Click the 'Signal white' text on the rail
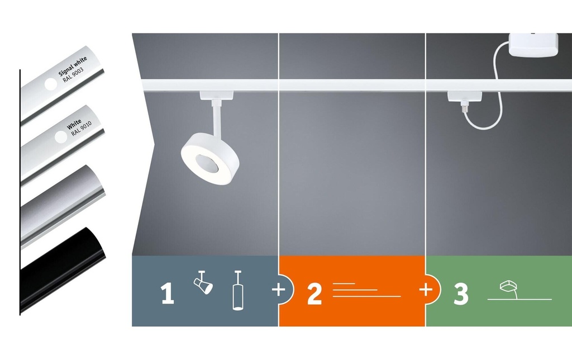point(73,65)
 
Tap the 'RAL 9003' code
point(73,75)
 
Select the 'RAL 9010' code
point(82,129)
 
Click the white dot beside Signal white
point(51,84)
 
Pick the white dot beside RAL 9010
point(61,137)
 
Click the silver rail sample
point(63,206)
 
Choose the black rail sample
point(63,269)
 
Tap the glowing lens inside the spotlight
point(207,163)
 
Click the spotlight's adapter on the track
point(217,95)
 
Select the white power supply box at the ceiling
point(533,45)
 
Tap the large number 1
point(168,293)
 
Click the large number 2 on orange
point(314,293)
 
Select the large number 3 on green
point(461,293)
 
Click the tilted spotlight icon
point(203,282)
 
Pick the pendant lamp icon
point(238,290)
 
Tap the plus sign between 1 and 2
point(279,290)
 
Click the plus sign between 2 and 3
point(426,290)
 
